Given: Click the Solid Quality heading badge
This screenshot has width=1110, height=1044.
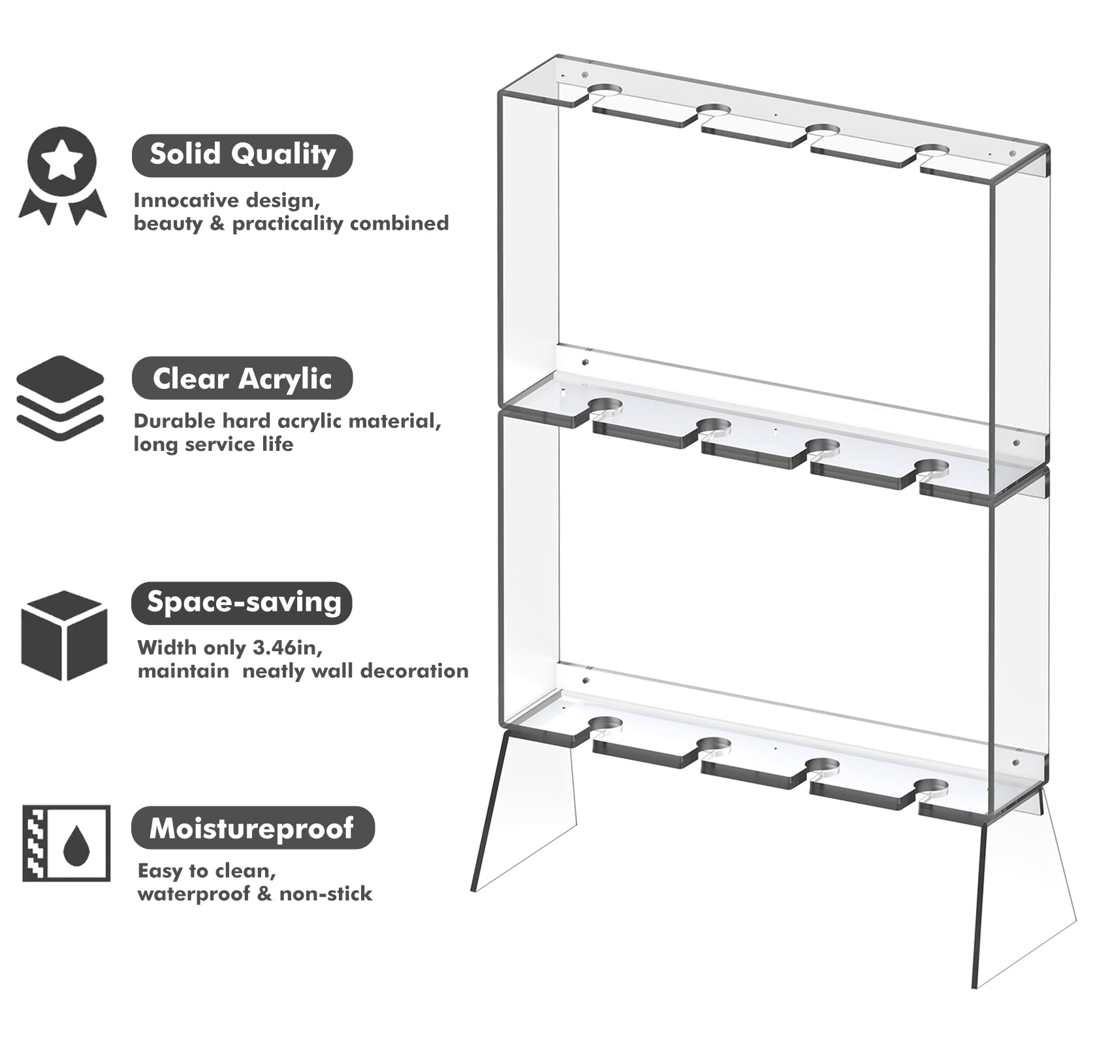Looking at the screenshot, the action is [x=242, y=155].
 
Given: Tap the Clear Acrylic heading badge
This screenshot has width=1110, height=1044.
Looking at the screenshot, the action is [x=242, y=378].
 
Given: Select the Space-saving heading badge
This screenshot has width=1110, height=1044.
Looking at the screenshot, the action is [x=242, y=603].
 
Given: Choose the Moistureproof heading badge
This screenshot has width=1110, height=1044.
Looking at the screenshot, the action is [x=253, y=827].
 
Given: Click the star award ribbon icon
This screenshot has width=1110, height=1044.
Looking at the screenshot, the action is [x=62, y=175].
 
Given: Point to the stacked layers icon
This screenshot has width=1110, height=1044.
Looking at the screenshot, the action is [x=60, y=398].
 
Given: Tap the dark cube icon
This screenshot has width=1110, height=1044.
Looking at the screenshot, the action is [x=64, y=636].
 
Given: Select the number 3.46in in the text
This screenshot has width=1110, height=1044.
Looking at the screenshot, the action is [x=285, y=648].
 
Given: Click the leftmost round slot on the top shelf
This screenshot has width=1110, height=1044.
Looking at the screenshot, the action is [x=605, y=91].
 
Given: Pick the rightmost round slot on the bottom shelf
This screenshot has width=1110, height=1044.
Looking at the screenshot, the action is [x=932, y=786].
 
